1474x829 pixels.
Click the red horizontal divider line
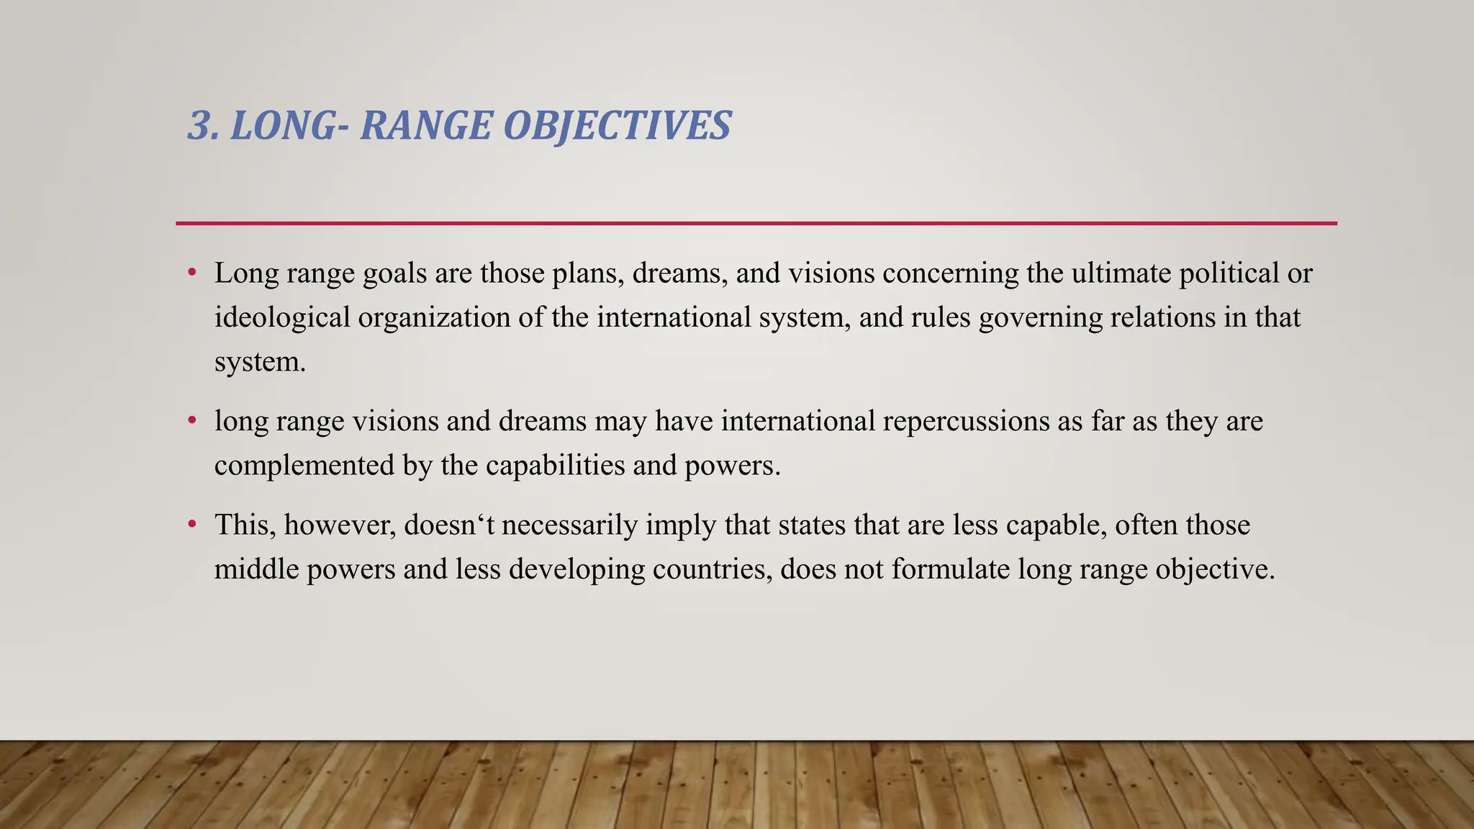coord(756,224)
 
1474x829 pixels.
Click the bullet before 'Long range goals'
coord(192,273)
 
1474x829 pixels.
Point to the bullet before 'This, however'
coord(192,525)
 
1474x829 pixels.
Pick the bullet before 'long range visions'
coord(192,421)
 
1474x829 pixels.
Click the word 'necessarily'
coord(569,525)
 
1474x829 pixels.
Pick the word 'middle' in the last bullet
coord(256,569)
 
